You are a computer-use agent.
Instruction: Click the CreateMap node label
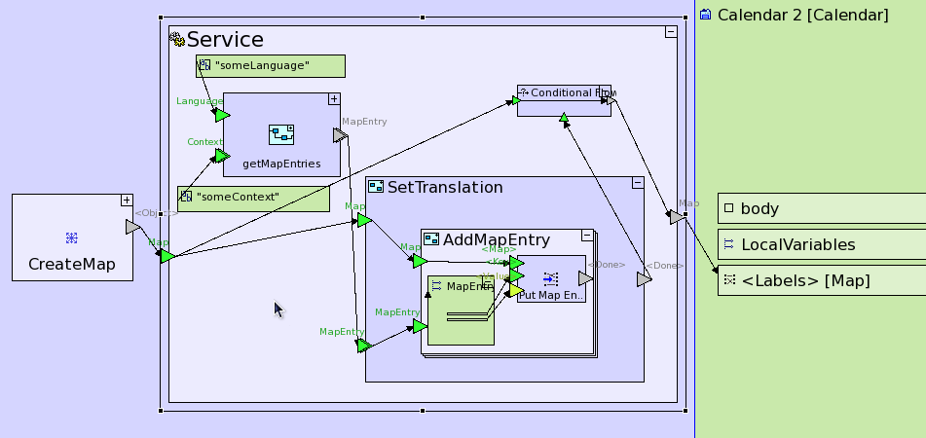[72, 264]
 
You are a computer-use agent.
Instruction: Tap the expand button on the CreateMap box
[126, 201]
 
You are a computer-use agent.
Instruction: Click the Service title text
[225, 40]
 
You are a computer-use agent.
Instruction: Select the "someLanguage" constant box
[271, 66]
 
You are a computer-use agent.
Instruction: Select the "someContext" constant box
[253, 198]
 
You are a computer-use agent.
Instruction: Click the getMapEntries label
[281, 164]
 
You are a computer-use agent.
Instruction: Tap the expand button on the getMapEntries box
[333, 99]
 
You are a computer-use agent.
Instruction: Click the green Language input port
[222, 115]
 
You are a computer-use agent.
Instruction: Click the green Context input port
[222, 155]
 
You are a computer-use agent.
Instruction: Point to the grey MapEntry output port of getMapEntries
[340, 134]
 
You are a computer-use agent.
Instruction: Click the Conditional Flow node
[564, 99]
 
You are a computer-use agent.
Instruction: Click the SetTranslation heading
[445, 187]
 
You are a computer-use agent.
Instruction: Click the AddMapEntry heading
[497, 239]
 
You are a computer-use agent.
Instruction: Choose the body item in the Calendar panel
[759, 208]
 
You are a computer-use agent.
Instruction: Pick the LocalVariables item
[797, 244]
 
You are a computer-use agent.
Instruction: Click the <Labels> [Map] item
[805, 281]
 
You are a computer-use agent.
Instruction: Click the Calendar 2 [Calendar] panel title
[802, 16]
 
